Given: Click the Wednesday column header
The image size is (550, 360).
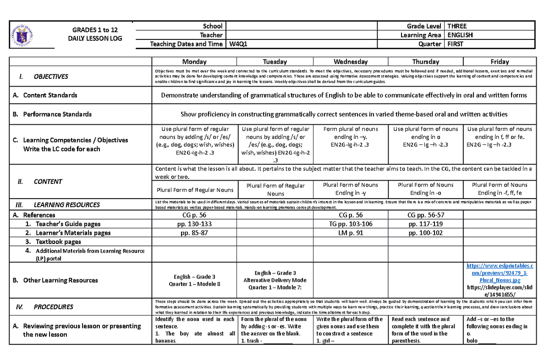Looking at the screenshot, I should [351, 61].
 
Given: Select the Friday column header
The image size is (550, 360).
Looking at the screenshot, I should [500, 61].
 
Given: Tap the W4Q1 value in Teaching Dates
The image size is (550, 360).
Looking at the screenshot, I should [238, 44].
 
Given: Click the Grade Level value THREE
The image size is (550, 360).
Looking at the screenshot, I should [457, 26].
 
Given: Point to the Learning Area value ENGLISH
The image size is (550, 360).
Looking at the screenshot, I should [460, 35].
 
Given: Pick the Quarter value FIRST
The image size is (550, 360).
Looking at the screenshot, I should [456, 44].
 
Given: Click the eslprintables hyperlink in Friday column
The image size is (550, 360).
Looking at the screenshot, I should [500, 273].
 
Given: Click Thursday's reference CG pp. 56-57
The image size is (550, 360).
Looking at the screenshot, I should [425, 215].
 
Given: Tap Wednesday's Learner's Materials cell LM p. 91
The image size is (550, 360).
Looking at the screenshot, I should [351, 233].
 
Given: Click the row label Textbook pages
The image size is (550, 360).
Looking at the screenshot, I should [58, 242].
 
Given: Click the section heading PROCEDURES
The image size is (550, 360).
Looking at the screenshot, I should [53, 306].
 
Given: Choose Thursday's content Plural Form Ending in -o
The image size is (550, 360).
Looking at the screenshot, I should [425, 189].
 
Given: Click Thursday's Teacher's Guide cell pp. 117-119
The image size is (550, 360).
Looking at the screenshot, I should [425, 224].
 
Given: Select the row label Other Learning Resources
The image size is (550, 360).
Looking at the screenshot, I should [61, 280].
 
